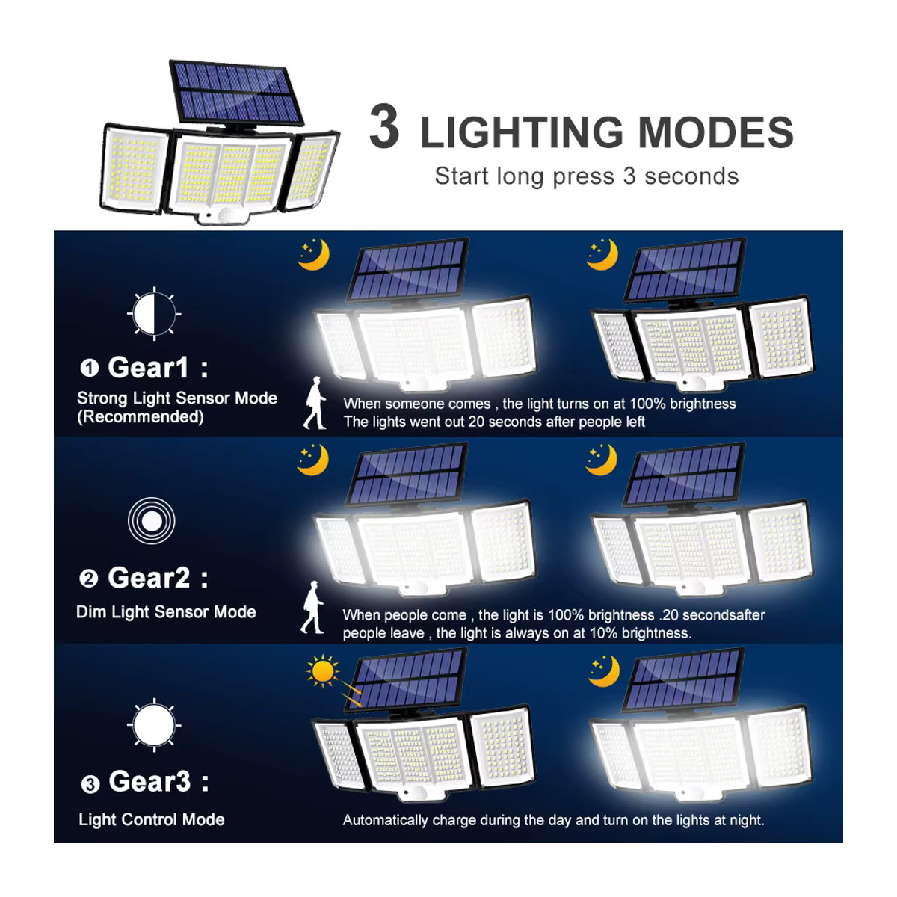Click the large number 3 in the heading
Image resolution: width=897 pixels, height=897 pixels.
(x=384, y=126)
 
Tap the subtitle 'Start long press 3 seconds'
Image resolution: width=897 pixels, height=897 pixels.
(x=586, y=176)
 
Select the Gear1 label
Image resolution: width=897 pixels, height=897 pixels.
(x=147, y=367)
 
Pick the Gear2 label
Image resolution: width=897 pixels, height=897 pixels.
(x=149, y=578)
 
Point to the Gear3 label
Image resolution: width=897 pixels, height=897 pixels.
(x=149, y=781)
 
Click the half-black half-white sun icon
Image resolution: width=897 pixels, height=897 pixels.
(x=154, y=314)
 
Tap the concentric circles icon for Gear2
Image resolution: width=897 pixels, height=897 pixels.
(x=152, y=520)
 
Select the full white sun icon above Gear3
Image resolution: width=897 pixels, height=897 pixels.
(x=154, y=725)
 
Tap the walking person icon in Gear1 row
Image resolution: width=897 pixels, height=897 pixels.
(x=315, y=403)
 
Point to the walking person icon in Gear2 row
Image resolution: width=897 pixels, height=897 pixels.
(x=312, y=607)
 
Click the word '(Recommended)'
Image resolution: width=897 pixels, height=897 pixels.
(x=140, y=417)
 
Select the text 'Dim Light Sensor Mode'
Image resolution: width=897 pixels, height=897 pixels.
(x=166, y=612)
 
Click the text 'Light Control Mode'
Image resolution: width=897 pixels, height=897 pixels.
(x=152, y=819)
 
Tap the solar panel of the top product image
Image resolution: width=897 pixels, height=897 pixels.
(x=236, y=93)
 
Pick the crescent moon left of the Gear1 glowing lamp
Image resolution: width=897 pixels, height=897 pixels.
(x=314, y=255)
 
